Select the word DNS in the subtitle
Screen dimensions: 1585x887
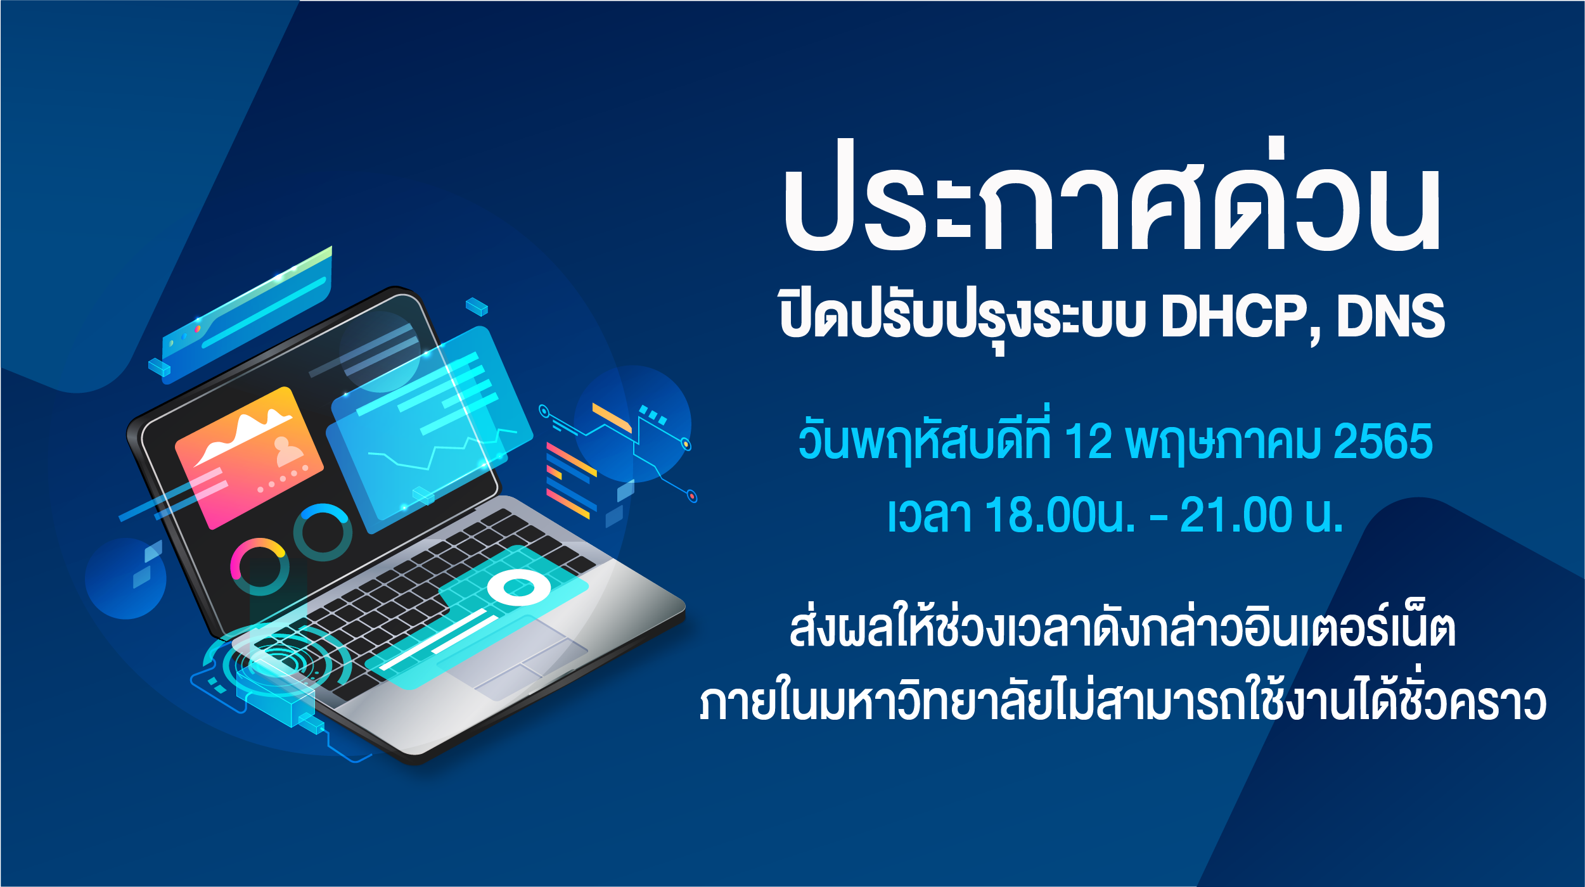pyautogui.click(x=1391, y=316)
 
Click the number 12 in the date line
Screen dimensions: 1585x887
pyautogui.click(x=1088, y=441)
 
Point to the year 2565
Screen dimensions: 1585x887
pyautogui.click(x=1383, y=441)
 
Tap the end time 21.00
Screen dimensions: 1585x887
pyautogui.click(x=1235, y=514)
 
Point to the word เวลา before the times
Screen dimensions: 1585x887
pyautogui.click(x=929, y=514)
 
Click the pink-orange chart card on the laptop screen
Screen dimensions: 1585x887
pyautogui.click(x=249, y=457)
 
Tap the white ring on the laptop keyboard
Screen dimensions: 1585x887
pyautogui.click(x=519, y=587)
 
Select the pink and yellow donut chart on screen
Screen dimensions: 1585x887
pyautogui.click(x=260, y=566)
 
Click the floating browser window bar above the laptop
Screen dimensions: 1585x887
pyautogui.click(x=247, y=316)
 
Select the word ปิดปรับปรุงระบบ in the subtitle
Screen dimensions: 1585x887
pyautogui.click(x=963, y=320)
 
